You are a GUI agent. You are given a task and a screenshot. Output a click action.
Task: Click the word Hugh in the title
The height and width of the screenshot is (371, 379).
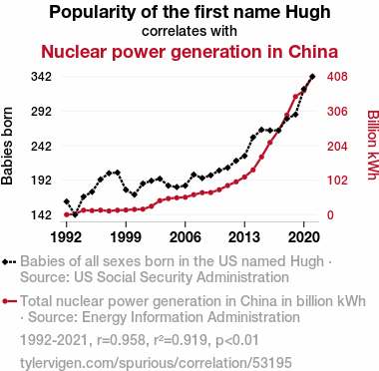pos(308,13)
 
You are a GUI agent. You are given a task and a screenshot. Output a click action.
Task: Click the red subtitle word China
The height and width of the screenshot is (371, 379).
pos(313,52)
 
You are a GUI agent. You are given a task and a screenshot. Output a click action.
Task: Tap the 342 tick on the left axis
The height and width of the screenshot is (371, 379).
pos(41,77)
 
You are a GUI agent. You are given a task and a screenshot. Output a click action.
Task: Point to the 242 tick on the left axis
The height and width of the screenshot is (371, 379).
pos(41,146)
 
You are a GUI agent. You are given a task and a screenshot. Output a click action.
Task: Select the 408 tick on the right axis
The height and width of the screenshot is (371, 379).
pos(337,77)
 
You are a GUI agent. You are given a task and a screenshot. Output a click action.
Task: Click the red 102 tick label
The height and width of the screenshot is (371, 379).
pos(337,181)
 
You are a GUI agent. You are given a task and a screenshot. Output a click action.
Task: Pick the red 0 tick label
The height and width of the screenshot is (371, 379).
pos(330,214)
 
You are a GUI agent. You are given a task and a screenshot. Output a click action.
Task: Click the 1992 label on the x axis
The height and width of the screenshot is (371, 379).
pos(66,237)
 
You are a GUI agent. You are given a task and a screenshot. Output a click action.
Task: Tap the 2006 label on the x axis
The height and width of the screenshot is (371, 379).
pos(185,237)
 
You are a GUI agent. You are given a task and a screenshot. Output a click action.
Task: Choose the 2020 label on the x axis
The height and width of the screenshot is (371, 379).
pos(303,237)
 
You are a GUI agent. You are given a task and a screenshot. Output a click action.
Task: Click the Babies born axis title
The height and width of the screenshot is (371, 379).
pos(7,146)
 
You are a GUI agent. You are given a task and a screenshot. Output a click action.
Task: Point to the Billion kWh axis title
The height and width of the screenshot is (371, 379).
pos(373,145)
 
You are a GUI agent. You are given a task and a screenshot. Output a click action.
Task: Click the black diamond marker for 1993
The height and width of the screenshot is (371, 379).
pos(75,214)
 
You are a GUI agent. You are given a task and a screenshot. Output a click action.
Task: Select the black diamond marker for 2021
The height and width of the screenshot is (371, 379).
pos(312,77)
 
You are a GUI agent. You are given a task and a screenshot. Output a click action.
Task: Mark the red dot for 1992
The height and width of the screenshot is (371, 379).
pos(66,214)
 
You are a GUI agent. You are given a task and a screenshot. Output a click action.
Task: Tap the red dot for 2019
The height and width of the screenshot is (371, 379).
pos(295,97)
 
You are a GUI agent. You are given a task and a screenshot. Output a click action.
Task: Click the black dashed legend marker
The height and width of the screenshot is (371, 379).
pos(9,262)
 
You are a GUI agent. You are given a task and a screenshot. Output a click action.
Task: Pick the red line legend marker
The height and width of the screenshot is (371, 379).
pos(9,301)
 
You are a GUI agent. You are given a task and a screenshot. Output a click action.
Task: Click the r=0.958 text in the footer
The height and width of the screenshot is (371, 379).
pos(121,340)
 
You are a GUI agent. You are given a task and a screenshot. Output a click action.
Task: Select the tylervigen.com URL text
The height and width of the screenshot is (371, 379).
pos(156,363)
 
